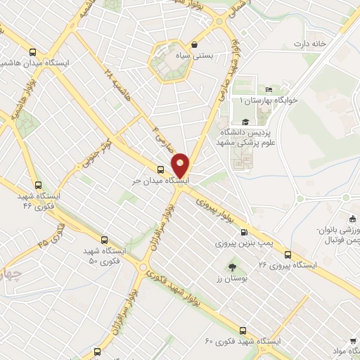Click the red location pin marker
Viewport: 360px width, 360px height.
click(x=181, y=165)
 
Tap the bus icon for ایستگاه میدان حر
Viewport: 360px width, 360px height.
click(x=161, y=169)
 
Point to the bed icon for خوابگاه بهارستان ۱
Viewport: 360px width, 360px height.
click(x=269, y=89)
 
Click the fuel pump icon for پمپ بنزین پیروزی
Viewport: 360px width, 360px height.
click(x=244, y=233)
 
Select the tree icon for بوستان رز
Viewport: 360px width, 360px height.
click(x=232, y=267)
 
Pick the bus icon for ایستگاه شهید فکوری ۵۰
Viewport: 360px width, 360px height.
click(x=104, y=240)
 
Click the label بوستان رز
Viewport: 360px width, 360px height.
click(x=229, y=280)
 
